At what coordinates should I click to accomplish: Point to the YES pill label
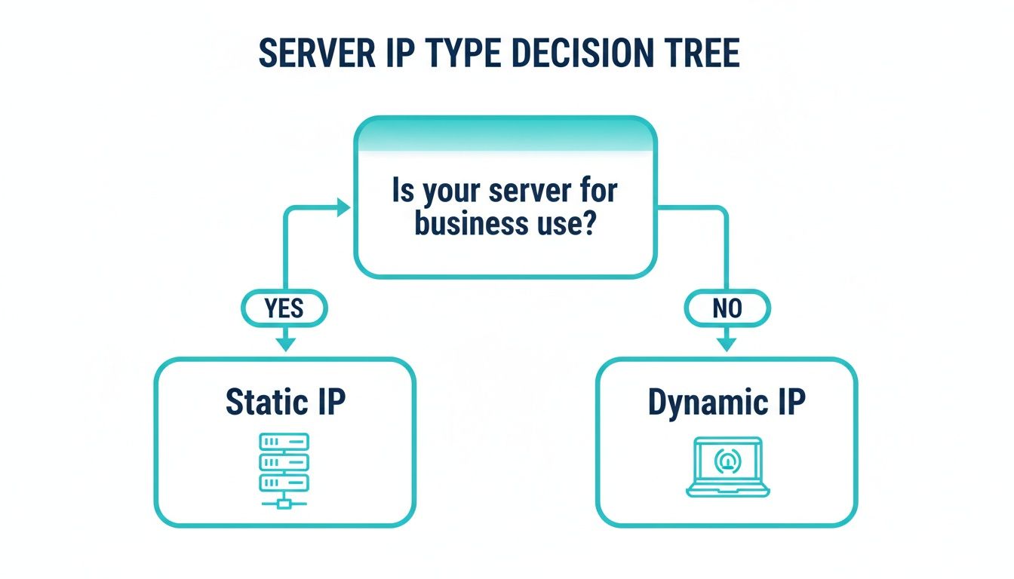point(284,308)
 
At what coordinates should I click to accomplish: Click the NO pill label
point(727,308)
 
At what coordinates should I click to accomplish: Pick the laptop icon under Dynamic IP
point(727,467)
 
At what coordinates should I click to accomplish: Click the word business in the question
point(461,225)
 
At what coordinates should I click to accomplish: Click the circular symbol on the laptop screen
point(727,460)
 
